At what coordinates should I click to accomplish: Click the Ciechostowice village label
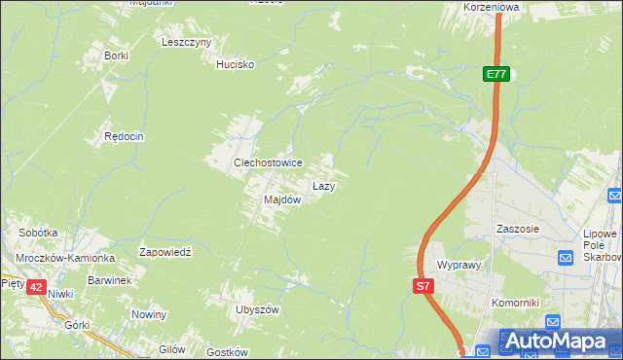(x=267, y=162)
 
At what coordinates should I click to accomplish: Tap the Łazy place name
(x=324, y=185)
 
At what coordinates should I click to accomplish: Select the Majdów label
(x=282, y=199)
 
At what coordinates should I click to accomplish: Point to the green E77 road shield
(x=496, y=74)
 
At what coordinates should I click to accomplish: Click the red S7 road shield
(x=421, y=286)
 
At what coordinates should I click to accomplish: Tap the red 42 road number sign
(x=36, y=286)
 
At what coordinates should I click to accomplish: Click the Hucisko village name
(x=235, y=64)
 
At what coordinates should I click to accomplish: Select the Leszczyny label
(x=187, y=43)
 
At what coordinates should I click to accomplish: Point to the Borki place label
(x=117, y=55)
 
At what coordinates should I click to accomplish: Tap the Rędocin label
(x=124, y=137)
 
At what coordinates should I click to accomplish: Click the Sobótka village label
(x=39, y=234)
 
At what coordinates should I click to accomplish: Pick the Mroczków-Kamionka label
(x=65, y=258)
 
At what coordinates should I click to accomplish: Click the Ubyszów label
(x=257, y=309)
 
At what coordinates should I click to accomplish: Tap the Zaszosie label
(x=517, y=229)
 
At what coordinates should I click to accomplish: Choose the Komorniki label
(x=515, y=303)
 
